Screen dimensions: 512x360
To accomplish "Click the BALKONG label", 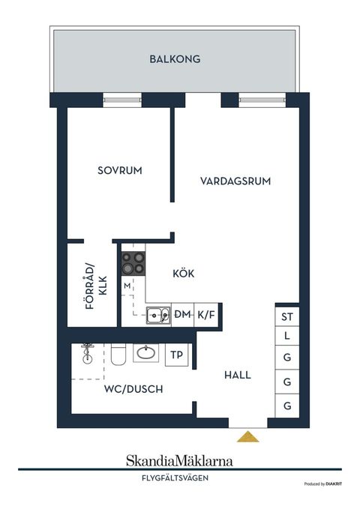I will pyautogui.click(x=175, y=58).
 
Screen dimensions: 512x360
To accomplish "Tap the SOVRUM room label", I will pyautogui.click(x=120, y=171).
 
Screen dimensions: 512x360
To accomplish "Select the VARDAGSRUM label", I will pyautogui.click(x=235, y=181).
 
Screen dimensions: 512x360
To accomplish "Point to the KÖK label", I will pyautogui.click(x=183, y=274).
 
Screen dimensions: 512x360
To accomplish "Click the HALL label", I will pyautogui.click(x=236, y=375).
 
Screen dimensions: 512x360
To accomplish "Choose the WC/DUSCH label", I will pyautogui.click(x=133, y=389).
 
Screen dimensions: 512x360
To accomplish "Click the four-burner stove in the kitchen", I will pyautogui.click(x=134, y=263).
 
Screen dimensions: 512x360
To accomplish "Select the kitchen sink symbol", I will pyautogui.click(x=157, y=315).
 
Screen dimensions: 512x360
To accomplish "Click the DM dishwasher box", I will pyautogui.click(x=183, y=315).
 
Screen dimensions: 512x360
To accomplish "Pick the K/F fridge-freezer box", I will pyautogui.click(x=205, y=315).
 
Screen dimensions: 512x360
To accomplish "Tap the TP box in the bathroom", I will pyautogui.click(x=176, y=355).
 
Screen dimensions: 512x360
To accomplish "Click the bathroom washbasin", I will pyautogui.click(x=145, y=352).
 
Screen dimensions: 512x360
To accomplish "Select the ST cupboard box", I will pyautogui.click(x=287, y=317).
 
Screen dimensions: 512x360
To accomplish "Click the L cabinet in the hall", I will pyautogui.click(x=287, y=337).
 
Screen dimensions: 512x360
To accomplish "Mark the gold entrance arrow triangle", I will pyautogui.click(x=247, y=436).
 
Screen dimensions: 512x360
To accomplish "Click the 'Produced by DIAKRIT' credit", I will pyautogui.click(x=322, y=485).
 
